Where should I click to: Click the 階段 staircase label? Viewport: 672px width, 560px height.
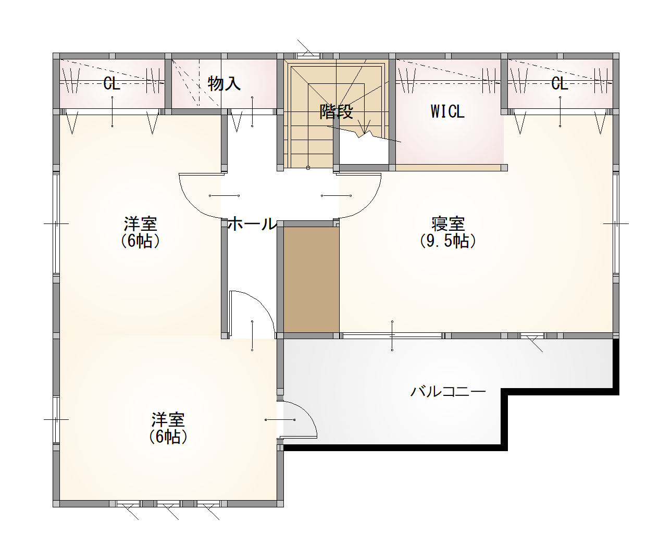click(x=337, y=112)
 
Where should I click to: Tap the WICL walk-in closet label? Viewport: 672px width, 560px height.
click(x=447, y=111)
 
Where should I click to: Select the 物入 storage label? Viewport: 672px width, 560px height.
click(x=225, y=84)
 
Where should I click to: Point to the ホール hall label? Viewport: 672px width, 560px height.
click(x=252, y=223)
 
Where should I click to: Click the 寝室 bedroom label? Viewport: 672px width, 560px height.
click(x=448, y=224)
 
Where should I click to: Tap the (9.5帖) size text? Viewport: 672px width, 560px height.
click(x=448, y=241)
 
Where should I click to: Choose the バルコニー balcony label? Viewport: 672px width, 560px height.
click(x=448, y=392)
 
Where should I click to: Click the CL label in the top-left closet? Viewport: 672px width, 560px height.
click(x=111, y=84)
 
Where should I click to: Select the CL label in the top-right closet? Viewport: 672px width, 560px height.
click(x=559, y=84)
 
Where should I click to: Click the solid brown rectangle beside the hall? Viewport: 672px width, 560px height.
click(x=311, y=280)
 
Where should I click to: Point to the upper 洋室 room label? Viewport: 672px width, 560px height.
click(x=140, y=224)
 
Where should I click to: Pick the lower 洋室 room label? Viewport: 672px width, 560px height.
click(x=168, y=420)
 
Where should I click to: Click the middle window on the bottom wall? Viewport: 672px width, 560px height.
click(x=168, y=504)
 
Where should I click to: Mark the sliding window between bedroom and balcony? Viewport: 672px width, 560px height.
click(x=392, y=335)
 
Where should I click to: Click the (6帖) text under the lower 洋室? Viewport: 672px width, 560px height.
click(x=168, y=437)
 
